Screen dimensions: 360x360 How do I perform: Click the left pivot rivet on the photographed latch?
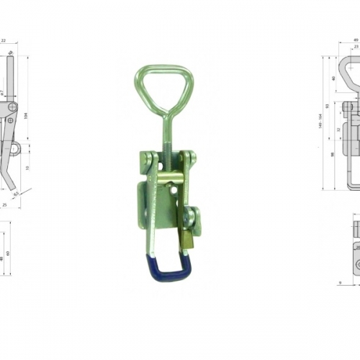coord(147,158)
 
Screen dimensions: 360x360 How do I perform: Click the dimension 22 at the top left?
coord(3,41)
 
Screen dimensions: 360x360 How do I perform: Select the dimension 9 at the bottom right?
coord(338,282)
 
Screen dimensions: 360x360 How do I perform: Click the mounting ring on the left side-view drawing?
coord(14,149)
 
